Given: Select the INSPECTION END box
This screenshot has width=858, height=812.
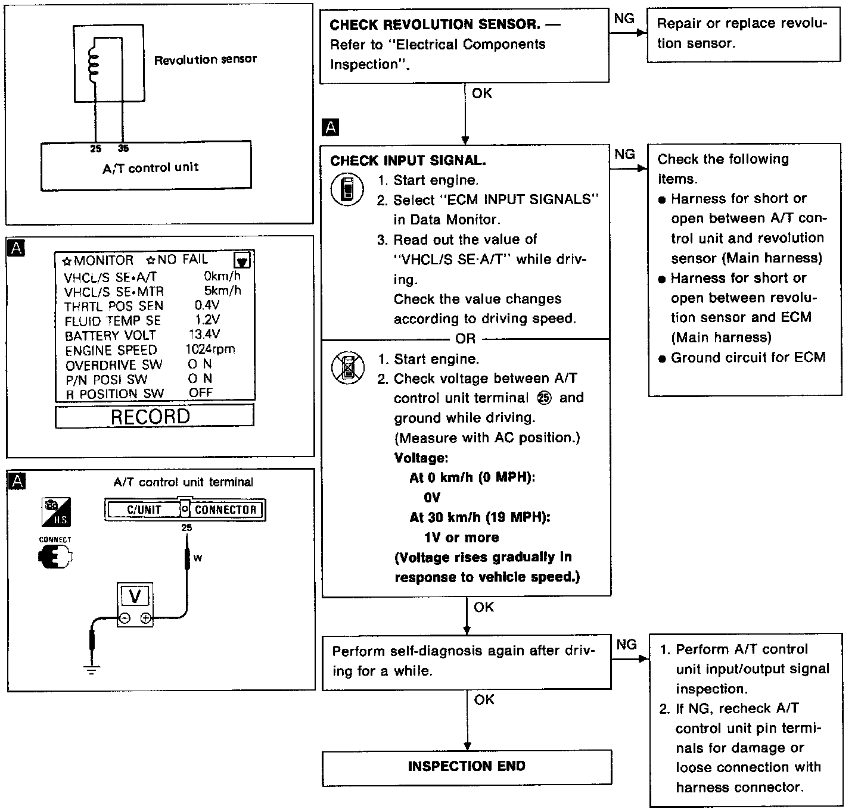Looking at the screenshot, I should click(467, 767).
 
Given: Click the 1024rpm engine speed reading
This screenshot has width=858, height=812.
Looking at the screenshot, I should click(210, 349).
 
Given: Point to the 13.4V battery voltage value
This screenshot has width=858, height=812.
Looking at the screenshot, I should click(204, 335).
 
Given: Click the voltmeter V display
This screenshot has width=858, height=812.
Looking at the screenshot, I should click(135, 596).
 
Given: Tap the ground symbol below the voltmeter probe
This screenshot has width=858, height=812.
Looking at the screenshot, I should click(92, 670).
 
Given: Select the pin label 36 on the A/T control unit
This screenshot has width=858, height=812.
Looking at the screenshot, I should click(123, 149).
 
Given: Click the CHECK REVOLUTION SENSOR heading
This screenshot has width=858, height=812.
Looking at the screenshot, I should click(435, 25).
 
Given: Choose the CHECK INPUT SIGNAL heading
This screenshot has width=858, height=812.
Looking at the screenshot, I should click(408, 161).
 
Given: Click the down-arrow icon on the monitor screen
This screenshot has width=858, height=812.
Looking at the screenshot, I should click(243, 261).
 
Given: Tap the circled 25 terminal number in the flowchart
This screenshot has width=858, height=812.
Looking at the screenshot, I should click(544, 398).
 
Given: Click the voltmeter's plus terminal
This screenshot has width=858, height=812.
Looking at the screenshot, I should click(145, 619).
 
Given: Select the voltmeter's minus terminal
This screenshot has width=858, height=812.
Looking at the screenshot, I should click(125, 619).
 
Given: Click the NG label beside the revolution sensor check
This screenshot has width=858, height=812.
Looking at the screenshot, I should click(624, 19).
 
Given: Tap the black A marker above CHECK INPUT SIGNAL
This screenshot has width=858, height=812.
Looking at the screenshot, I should click(329, 127).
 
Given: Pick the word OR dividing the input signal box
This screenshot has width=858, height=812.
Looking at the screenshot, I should click(465, 339).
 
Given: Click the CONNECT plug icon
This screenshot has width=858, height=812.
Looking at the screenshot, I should click(55, 557).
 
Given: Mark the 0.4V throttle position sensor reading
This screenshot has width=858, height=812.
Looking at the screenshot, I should click(207, 305).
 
